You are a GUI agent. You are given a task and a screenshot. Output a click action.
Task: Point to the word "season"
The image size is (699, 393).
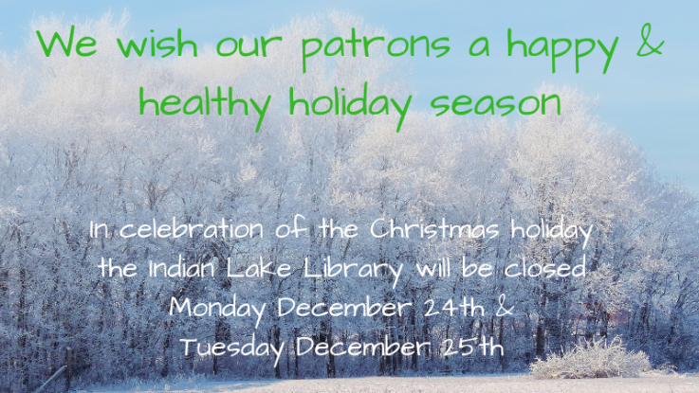(495, 104)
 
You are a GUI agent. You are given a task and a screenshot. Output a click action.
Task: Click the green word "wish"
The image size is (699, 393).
(157, 44)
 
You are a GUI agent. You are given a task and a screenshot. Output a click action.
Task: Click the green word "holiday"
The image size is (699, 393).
(349, 105)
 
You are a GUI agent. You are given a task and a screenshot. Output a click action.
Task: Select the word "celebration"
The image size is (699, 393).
(192, 230)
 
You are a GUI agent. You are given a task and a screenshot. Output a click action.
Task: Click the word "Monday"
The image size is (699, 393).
(217, 309)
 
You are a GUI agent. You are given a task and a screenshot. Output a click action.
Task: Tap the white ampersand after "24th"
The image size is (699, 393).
(506, 308)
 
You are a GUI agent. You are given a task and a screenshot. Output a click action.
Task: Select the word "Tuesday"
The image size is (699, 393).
(233, 348)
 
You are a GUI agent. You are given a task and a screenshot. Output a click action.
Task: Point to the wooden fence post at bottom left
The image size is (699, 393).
(68, 368)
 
